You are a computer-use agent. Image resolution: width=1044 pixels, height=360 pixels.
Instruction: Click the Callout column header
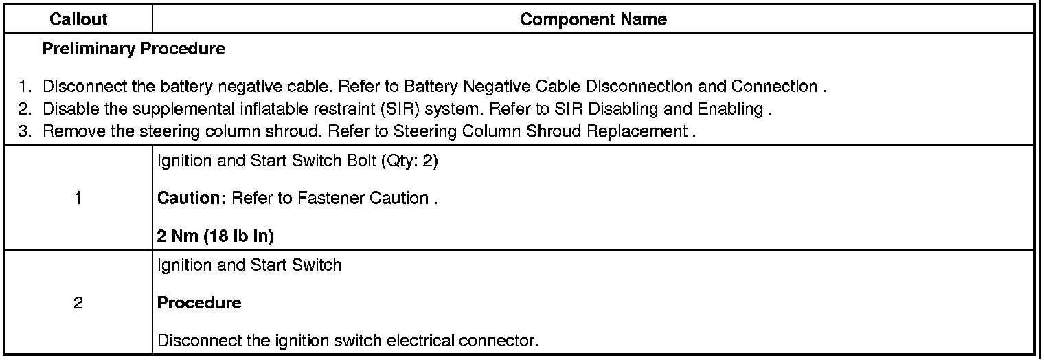coord(78,19)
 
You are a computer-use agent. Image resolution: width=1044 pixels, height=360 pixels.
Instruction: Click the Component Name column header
coord(593,19)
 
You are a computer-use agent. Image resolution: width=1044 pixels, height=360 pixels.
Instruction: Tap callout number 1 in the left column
coord(78,199)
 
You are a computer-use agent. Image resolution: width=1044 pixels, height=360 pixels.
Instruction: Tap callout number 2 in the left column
coord(78,303)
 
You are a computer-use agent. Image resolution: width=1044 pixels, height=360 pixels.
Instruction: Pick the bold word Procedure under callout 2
coord(199,303)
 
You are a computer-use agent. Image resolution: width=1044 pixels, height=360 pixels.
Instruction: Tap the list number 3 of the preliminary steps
coord(24,132)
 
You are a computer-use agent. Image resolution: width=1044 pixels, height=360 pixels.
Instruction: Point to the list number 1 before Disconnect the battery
coord(24,87)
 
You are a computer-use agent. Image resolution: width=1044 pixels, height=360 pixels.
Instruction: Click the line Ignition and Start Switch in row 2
coord(249,265)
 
